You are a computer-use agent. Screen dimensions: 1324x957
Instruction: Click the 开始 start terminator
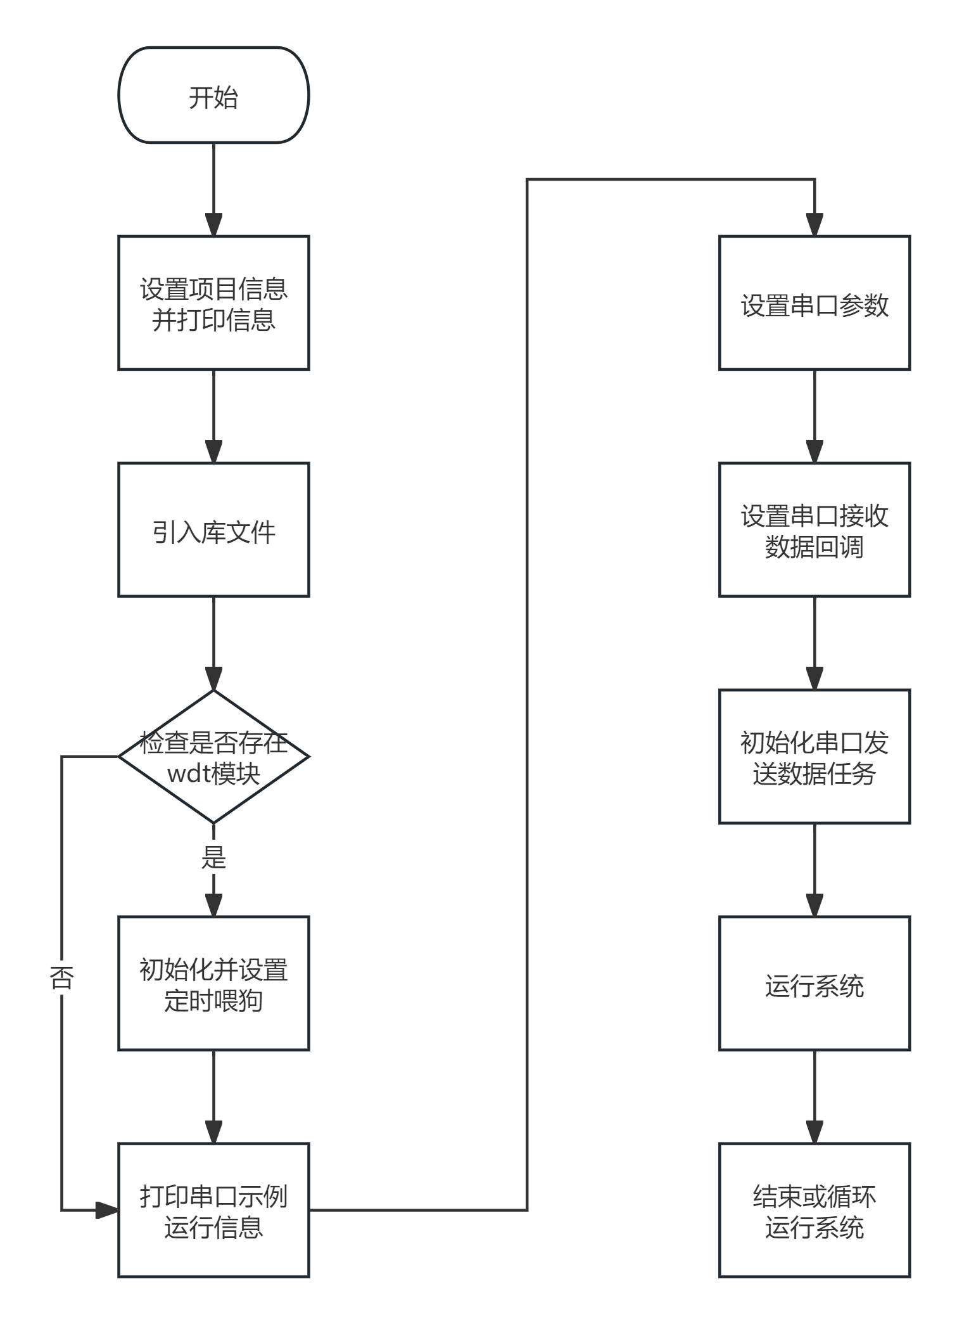(213, 95)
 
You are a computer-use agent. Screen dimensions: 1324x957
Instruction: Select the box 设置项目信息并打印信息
(213, 303)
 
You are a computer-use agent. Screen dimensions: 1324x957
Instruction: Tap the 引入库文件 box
(213, 530)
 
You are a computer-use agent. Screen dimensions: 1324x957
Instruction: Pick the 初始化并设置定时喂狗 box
(213, 984)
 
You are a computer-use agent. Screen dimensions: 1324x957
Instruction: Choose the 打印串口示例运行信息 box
(213, 1211)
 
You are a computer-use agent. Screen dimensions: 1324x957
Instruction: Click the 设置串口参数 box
(814, 303)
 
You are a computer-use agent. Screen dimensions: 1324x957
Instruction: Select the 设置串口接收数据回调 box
(814, 530)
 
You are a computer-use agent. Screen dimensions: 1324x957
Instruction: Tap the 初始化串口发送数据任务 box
(814, 757)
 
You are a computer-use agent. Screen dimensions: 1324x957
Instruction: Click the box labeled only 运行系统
(814, 984)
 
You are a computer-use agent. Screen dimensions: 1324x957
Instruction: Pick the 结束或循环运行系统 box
(814, 1211)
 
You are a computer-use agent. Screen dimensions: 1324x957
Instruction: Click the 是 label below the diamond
(213, 858)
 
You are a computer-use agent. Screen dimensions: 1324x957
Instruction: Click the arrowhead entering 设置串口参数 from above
(814, 225)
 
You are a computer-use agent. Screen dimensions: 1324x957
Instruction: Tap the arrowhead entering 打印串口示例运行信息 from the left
(108, 1210)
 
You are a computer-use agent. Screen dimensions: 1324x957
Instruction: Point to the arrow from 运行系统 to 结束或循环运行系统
(814, 1096)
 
